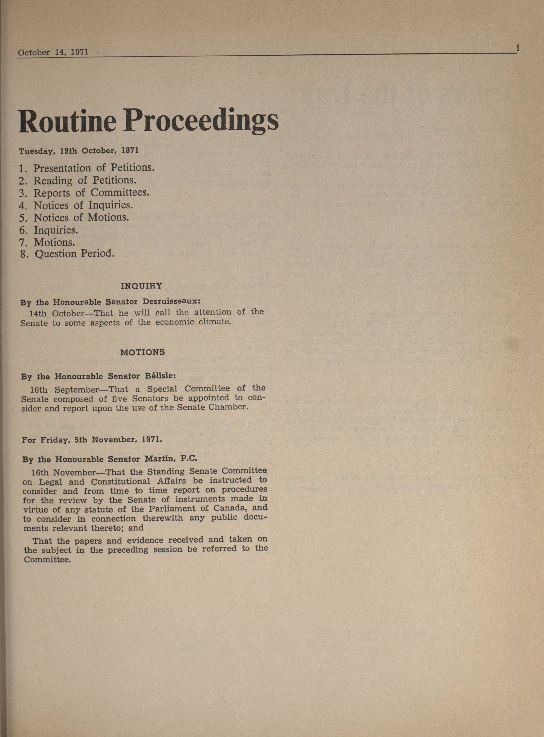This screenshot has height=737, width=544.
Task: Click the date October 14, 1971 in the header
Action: [x=53, y=52]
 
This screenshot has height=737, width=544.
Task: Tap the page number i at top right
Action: [x=518, y=48]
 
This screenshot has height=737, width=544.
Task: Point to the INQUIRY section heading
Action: [x=142, y=286]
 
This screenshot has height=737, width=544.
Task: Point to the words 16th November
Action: [x=63, y=472]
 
